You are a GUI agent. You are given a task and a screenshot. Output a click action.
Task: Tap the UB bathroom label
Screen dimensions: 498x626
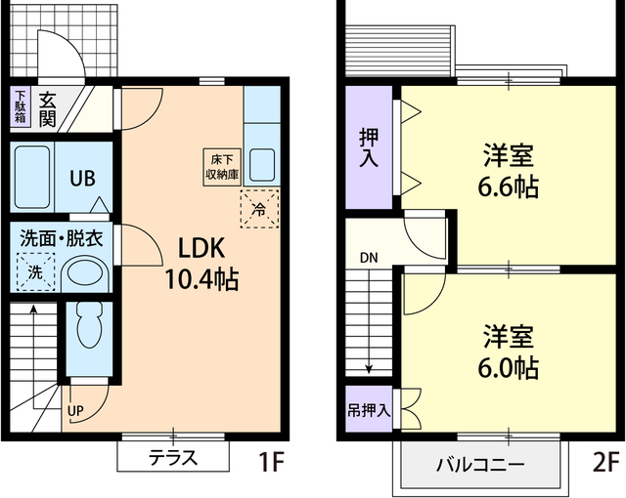coord(81,179)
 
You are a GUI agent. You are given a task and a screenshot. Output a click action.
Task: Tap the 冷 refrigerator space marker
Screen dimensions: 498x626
coord(258,208)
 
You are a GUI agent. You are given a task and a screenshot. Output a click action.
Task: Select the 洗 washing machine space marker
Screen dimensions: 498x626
coord(35,271)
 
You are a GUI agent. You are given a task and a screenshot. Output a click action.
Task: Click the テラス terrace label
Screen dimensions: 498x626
coord(173,456)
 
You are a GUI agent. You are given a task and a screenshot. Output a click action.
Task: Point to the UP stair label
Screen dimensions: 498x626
coord(75,410)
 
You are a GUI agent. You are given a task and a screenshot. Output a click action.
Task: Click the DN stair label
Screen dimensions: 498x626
coord(368,258)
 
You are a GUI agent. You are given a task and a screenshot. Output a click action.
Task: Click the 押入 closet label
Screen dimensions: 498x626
coord(369,146)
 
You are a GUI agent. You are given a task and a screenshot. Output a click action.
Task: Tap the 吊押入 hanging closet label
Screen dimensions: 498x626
coord(369,409)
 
